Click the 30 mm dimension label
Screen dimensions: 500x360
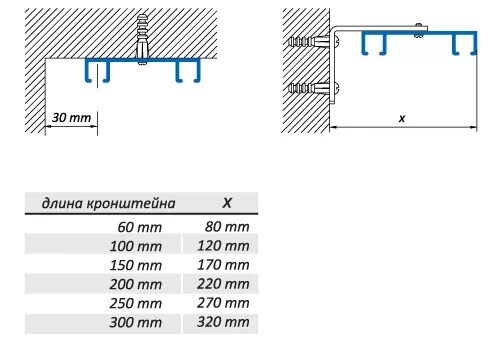pos(70,118)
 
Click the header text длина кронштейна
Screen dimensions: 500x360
pos(108,203)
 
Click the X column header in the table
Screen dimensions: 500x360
pos(226,202)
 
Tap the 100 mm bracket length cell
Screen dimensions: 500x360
pos(136,246)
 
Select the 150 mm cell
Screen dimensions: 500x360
pos(136,265)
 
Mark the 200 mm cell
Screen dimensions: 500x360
pos(136,284)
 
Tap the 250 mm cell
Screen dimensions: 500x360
pos(136,303)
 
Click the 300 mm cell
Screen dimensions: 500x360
pos(136,322)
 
